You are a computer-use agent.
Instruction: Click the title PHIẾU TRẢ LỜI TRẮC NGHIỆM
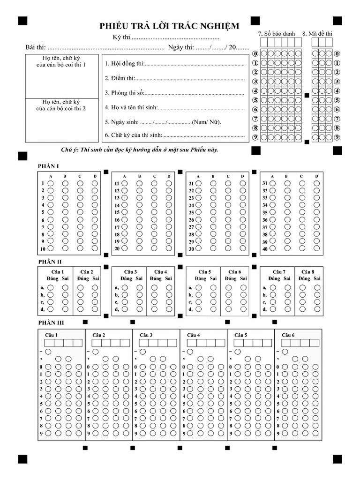[x=169, y=26]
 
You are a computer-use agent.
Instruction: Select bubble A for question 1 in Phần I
[x=51, y=183]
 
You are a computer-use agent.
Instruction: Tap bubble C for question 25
[x=228, y=212]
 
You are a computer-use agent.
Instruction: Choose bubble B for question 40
[x=286, y=249]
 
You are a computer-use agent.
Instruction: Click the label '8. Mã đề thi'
[x=317, y=34]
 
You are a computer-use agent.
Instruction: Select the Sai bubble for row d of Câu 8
[x=317, y=309]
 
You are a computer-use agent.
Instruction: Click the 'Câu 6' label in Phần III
[x=288, y=335]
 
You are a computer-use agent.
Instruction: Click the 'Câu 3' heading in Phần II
[x=130, y=272]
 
